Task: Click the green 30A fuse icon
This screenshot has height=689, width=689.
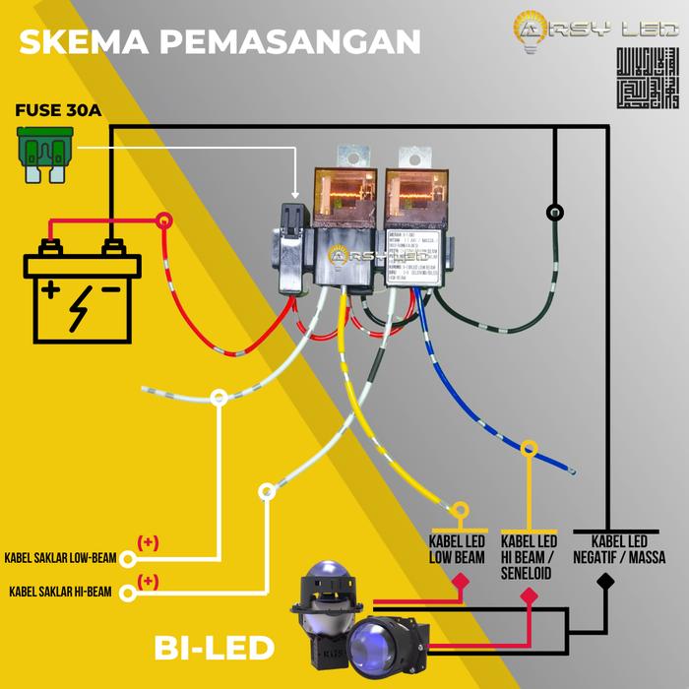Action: pos(46,157)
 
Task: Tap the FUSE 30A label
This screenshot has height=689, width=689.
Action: pos(58,110)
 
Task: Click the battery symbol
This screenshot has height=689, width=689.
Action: pos(83,291)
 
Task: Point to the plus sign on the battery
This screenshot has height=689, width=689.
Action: pos(49,290)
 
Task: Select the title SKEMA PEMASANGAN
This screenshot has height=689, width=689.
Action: pos(219,41)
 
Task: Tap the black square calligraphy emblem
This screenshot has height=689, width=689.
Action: pos(647,77)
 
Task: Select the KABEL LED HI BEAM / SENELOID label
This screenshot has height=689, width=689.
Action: pos(529,556)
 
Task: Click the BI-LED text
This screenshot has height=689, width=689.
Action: pos(214,648)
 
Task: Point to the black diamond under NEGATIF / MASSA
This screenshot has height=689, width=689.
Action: pos(605,582)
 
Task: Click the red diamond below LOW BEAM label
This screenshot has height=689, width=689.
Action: pos(458,583)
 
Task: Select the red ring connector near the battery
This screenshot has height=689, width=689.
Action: pos(164,221)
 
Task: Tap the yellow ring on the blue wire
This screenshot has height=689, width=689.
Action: pos(530,449)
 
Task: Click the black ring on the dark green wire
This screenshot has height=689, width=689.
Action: pos(555,212)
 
